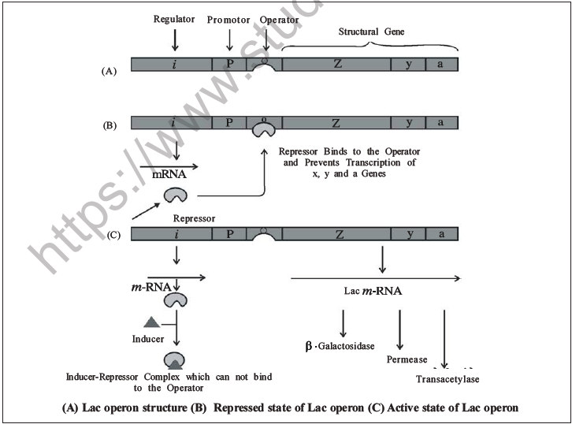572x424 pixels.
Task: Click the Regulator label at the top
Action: [x=174, y=18]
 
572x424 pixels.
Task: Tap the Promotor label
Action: [x=228, y=19]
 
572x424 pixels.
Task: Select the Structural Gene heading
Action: [x=370, y=31]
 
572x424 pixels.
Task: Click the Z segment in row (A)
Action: [x=336, y=64]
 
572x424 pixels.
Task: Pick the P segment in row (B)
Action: [x=228, y=122]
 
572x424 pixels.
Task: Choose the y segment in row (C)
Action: [x=408, y=233]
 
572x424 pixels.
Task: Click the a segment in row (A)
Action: [x=440, y=64]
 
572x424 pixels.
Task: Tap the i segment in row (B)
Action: [x=173, y=122]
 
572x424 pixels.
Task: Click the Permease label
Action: [x=407, y=359]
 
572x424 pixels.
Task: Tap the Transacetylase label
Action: [x=448, y=379]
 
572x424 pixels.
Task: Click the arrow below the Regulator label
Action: [x=174, y=39]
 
